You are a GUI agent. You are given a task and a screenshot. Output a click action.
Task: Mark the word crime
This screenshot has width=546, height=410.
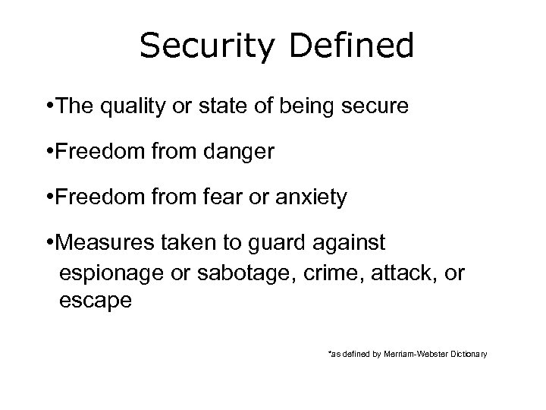pyautogui.click(x=314, y=272)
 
